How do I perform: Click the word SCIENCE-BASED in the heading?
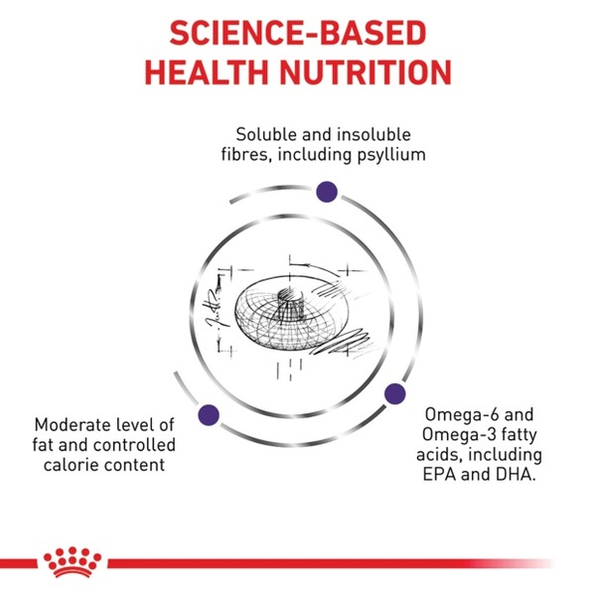[298, 33]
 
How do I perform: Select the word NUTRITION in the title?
[366, 72]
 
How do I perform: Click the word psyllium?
[391, 156]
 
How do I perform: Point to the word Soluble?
[266, 134]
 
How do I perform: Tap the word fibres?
[246, 155]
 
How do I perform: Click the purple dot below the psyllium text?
[327, 192]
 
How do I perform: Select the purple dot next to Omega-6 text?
[395, 393]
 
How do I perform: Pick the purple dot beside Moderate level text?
[209, 414]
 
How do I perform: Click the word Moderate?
[72, 425]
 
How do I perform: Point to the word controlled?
[134, 445]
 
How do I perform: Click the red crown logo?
[73, 562]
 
